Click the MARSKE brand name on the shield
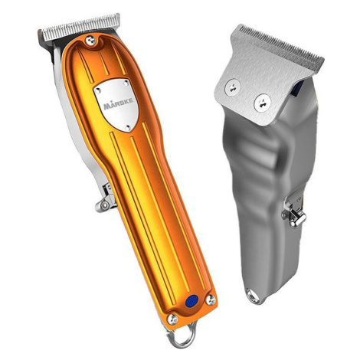118,104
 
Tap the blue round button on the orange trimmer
191,301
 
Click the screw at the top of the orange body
90,41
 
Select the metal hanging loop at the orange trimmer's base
182,334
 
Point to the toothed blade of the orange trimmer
80,28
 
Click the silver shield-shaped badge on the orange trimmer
116,104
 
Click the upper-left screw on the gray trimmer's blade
232,87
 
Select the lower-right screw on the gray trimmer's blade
262,103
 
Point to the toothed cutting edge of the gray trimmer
281,44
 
